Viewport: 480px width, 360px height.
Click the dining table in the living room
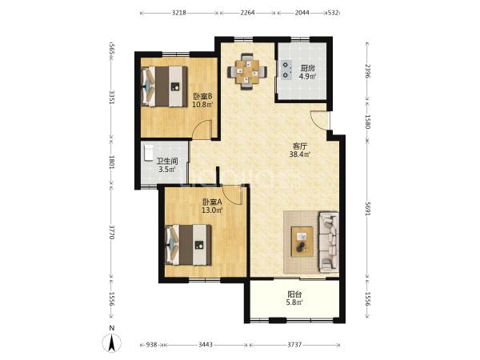247,72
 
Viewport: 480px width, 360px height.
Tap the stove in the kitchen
286,70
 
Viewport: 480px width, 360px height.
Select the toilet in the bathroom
149,153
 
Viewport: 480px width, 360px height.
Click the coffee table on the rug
302,242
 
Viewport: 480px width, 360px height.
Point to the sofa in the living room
329,242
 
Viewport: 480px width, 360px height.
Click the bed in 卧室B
164,86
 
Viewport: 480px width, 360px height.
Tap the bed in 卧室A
188,245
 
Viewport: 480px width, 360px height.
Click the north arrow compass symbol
112,343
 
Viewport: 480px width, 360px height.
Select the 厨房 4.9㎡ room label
307,72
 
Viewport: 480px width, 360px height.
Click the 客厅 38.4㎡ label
300,150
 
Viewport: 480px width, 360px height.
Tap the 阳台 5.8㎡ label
294,298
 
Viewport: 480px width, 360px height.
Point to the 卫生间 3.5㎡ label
167,166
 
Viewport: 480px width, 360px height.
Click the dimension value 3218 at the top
178,13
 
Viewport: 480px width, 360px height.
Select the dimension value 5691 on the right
368,208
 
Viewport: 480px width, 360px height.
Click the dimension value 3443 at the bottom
206,345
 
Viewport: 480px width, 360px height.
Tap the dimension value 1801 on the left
112,162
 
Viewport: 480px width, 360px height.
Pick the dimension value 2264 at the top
247,13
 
